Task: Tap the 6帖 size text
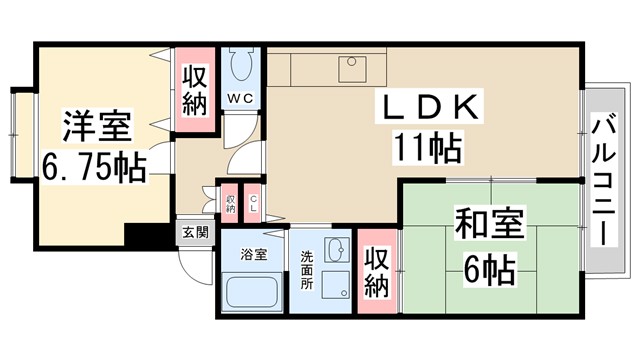click(x=489, y=268)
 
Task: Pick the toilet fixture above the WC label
click(x=240, y=67)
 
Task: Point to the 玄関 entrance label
click(x=195, y=233)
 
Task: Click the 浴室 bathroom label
click(x=253, y=254)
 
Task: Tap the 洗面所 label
click(x=307, y=268)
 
